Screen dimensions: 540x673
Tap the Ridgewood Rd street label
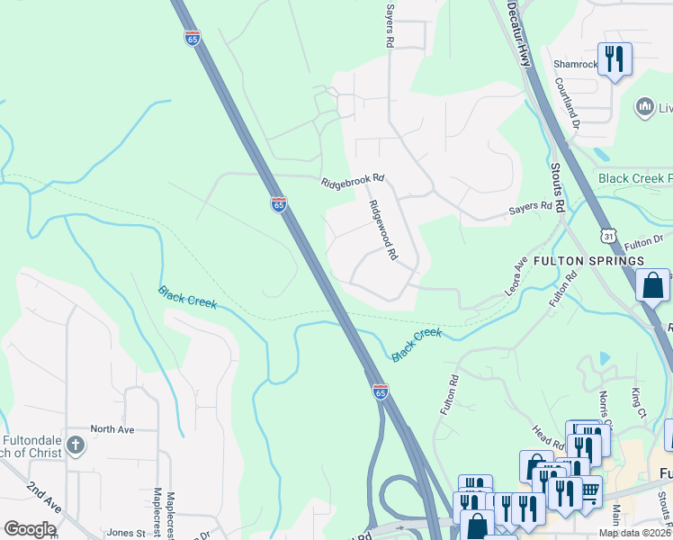click(x=381, y=230)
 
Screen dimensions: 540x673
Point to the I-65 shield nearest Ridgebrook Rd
click(x=278, y=205)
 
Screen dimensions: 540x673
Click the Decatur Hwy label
click(x=518, y=32)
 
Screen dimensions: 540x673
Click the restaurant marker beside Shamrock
click(x=615, y=59)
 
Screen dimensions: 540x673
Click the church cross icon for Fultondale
click(x=76, y=444)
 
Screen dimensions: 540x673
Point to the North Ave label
click(x=112, y=430)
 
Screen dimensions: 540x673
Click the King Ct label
click(x=639, y=402)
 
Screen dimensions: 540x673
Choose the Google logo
click(x=30, y=529)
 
